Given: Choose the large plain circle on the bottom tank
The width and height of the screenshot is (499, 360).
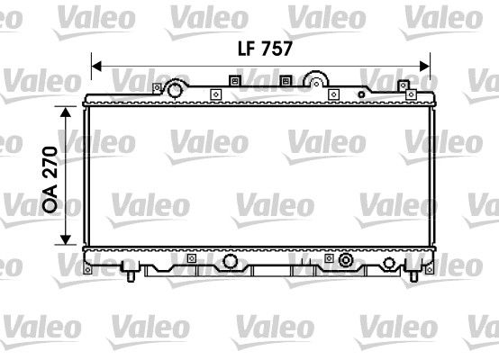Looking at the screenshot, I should click(231, 261).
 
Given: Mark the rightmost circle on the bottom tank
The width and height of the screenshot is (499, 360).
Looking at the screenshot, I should click(389, 262).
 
